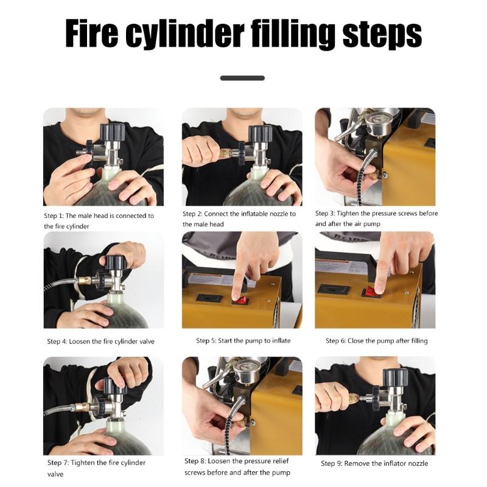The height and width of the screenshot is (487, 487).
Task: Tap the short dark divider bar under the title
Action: pos(242,78)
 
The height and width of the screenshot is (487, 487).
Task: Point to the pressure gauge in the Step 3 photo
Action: pos(377,125)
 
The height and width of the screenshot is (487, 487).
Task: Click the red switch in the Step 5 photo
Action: pos(242,300)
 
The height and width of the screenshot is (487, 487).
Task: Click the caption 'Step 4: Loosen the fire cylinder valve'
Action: pos(100,342)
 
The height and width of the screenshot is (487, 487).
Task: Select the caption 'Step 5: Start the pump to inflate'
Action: pos(243,341)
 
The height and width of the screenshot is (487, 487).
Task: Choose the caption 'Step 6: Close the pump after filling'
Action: pos(376,341)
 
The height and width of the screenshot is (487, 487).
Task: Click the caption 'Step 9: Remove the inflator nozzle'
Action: pos(374,464)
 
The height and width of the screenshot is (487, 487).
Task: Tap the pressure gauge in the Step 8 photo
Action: pos(247,372)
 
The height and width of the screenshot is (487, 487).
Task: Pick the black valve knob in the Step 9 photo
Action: pos(394,377)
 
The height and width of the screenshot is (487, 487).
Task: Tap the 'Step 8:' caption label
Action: pos(195,461)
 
